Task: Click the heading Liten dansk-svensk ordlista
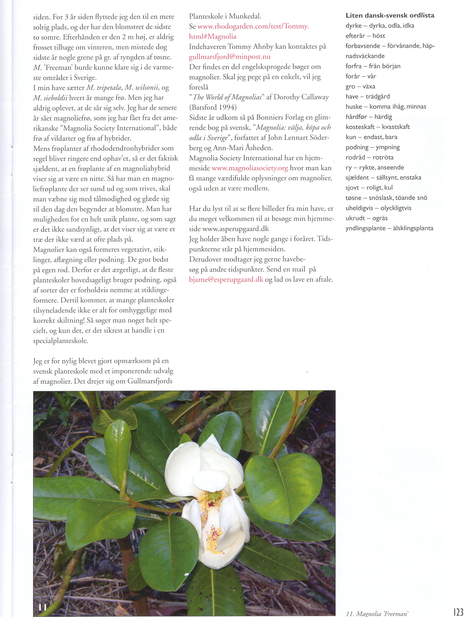click(390, 15)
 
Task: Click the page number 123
click(458, 611)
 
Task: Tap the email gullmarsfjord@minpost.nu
click(230, 57)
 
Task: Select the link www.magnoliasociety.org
click(250, 168)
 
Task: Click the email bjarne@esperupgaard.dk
click(226, 279)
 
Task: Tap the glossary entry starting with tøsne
click(386, 198)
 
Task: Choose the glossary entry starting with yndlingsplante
click(389, 228)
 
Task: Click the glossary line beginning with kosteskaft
click(378, 127)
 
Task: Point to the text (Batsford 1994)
click(213, 107)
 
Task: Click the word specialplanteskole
click(60, 341)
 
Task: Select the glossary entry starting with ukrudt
click(366, 218)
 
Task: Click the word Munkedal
click(245, 16)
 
